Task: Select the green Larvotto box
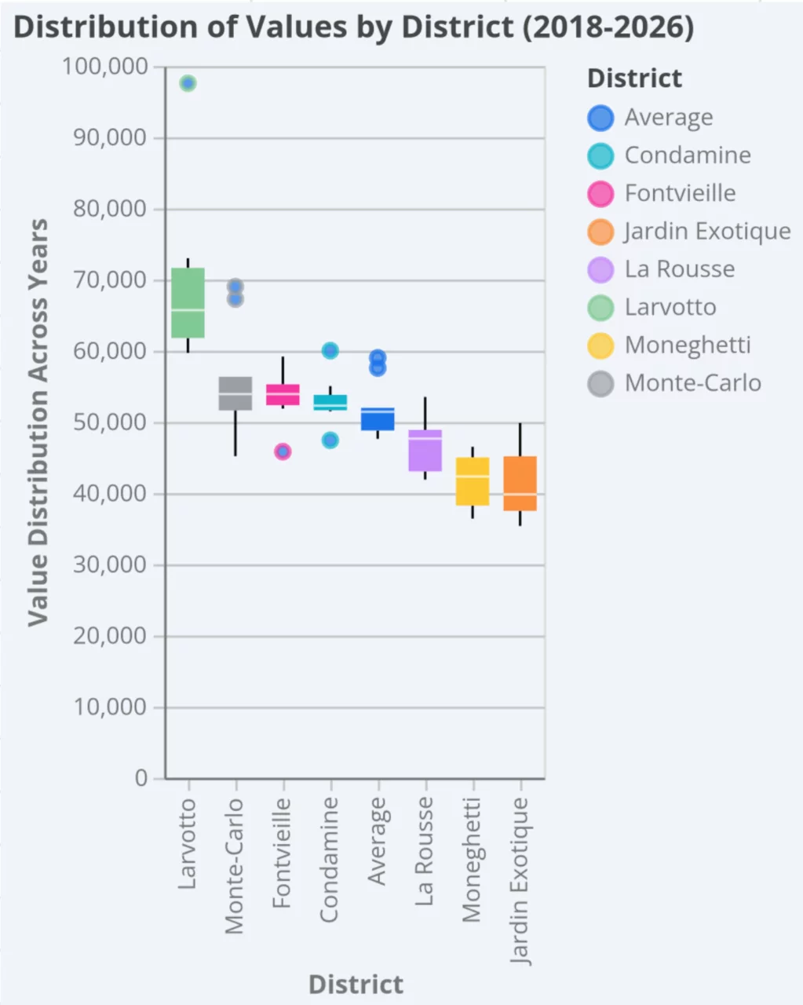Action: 188,303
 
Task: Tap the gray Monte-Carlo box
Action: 235,393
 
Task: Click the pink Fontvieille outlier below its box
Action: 283,451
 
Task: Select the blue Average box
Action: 378,419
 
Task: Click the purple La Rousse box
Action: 425,451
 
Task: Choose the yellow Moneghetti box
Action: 473,481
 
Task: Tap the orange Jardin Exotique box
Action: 520,484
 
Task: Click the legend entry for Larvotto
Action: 670,307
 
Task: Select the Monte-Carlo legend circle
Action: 600,383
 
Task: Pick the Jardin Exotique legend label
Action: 707,231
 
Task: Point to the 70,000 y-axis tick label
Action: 110,280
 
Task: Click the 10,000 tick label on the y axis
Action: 110,707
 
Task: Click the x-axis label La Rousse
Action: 425,851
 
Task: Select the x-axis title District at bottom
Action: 356,985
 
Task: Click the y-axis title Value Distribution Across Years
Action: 37,422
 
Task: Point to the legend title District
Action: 634,79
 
